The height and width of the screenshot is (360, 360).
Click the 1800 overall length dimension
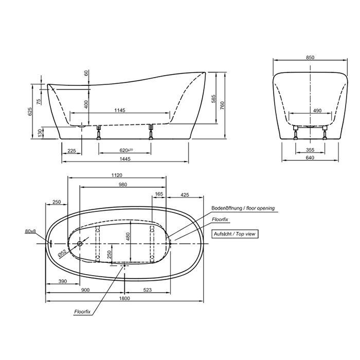(x=124, y=298)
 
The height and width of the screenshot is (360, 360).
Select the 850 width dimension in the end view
(x=310, y=57)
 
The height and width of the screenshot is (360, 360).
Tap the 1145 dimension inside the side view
(x=120, y=110)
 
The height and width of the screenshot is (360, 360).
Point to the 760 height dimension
(x=222, y=105)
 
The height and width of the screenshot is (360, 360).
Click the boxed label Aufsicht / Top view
(x=235, y=234)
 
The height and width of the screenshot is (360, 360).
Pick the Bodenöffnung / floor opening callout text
(x=243, y=208)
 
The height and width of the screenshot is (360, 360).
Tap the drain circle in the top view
(x=80, y=243)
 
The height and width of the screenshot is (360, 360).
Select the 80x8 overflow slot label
(x=30, y=231)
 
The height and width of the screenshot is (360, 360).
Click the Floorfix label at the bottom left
(x=82, y=312)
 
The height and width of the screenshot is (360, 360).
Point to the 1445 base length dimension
(x=125, y=158)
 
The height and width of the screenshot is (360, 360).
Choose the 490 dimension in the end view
(x=317, y=111)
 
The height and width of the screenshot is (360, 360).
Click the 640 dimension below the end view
(x=310, y=157)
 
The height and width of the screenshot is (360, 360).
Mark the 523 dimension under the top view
(x=148, y=290)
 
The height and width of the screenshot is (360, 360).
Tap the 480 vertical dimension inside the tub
(x=128, y=237)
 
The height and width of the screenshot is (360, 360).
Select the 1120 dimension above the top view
(x=117, y=175)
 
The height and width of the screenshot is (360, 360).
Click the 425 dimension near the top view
(x=185, y=195)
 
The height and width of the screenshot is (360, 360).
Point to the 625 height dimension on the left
(x=30, y=112)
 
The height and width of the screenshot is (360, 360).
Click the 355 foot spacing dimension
(x=310, y=150)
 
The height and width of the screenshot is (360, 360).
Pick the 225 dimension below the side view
(x=71, y=151)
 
